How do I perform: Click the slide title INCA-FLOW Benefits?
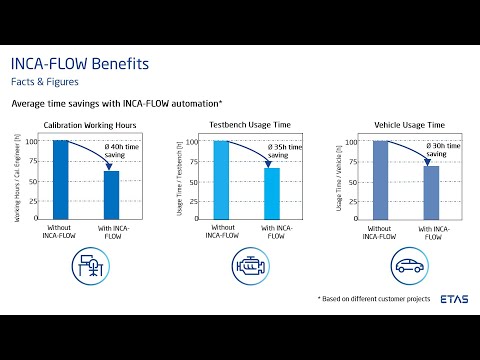(80, 64)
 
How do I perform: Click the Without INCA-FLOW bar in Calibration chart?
(62, 180)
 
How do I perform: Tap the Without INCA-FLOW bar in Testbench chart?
(221, 180)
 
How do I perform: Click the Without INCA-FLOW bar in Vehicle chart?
(379, 180)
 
